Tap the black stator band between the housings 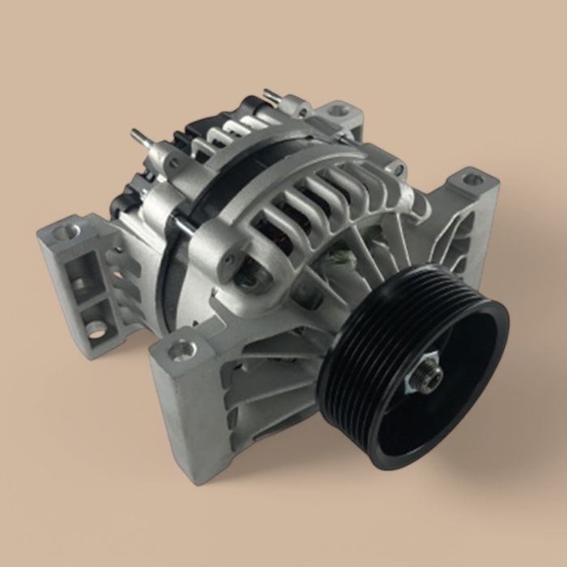(174, 267)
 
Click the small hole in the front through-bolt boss (230, 261)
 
